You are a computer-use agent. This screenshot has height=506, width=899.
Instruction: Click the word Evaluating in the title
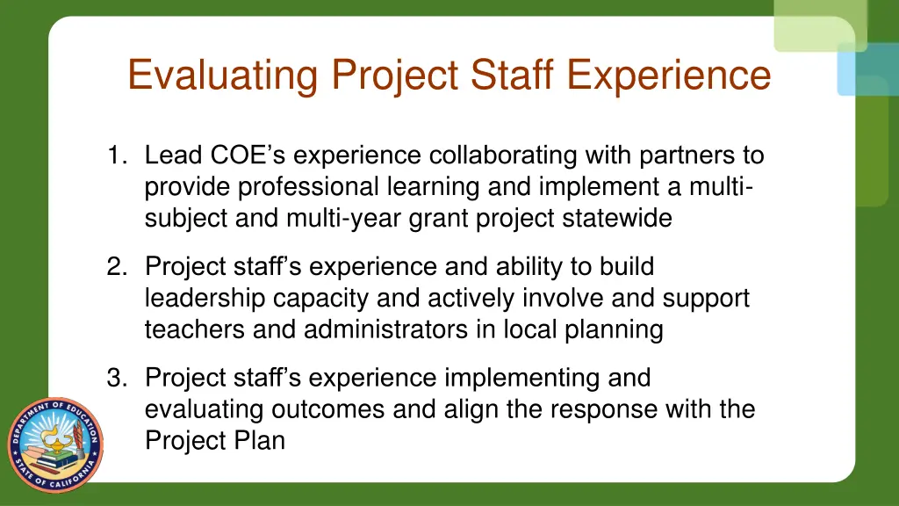[222, 75]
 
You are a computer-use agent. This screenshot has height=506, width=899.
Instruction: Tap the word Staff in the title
[512, 75]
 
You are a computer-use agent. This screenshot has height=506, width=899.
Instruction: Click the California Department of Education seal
[55, 445]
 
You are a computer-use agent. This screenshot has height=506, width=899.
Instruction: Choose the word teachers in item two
[198, 330]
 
